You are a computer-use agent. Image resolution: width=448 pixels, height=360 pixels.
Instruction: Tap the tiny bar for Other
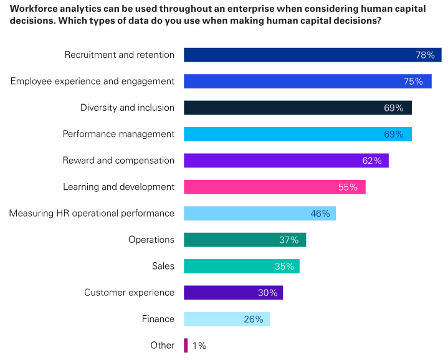186,346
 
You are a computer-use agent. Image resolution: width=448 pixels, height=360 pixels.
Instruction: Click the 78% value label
425,55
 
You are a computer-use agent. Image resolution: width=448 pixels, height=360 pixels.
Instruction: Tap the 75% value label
413,81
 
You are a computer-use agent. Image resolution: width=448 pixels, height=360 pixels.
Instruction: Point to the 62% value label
372,161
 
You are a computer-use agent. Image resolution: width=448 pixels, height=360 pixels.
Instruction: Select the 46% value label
320,214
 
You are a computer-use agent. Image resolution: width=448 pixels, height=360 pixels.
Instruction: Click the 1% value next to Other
199,346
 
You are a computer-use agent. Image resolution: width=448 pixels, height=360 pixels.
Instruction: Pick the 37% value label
289,240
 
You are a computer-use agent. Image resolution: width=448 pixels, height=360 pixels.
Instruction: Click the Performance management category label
118,134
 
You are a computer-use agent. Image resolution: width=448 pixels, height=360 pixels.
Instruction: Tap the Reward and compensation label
118,161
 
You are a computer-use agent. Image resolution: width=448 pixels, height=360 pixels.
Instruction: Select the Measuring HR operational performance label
92,214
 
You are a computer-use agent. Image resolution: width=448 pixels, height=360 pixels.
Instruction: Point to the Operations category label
151,240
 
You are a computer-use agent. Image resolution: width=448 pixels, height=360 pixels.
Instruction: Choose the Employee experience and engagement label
92,81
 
